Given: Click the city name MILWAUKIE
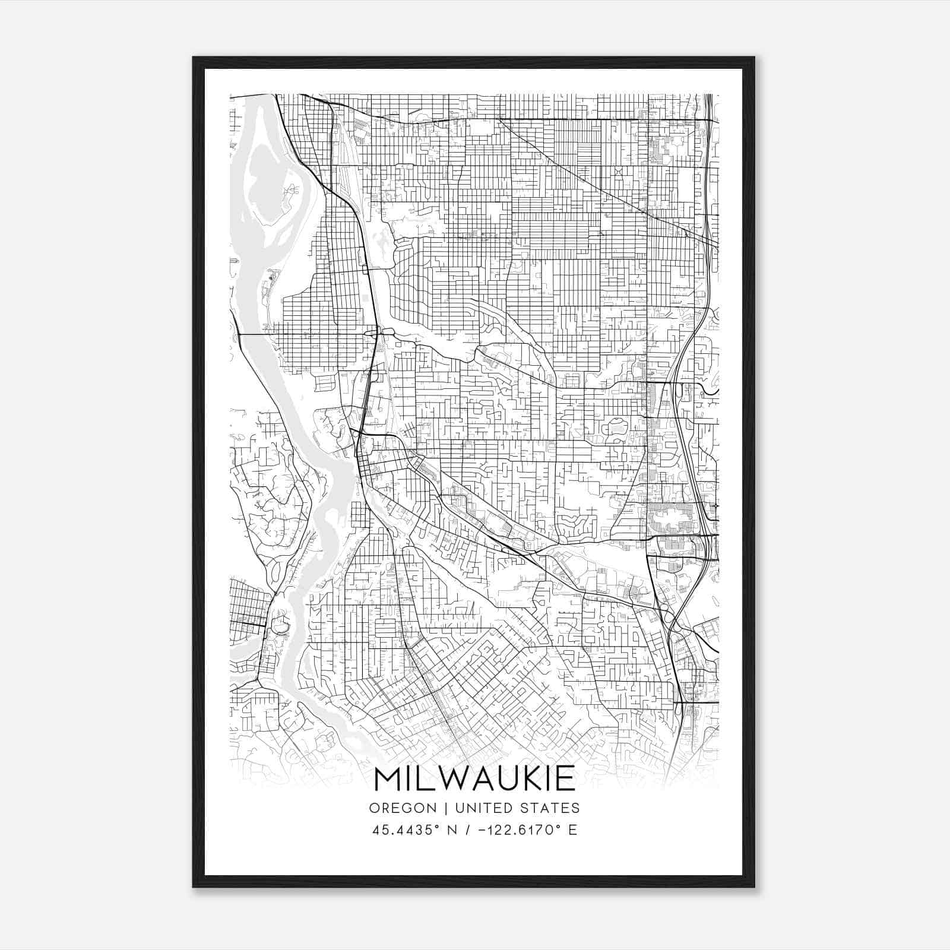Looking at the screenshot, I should tap(474, 778).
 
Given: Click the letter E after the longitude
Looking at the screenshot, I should tap(573, 830).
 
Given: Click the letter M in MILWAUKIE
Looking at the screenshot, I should tap(387, 778).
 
